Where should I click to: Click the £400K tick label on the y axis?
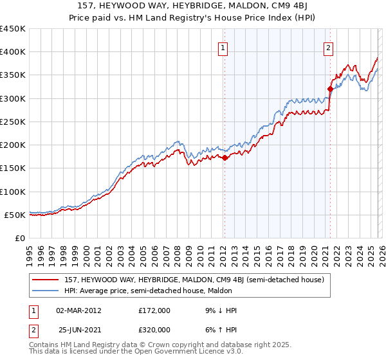[12, 52]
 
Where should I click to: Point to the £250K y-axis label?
[12, 122]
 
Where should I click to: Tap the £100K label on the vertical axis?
[12, 192]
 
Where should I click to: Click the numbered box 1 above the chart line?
[223, 46]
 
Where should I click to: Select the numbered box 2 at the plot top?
[328, 46]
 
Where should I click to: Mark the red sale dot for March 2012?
[225, 157]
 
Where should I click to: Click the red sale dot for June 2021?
[330, 89]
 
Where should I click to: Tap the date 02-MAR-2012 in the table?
[78, 310]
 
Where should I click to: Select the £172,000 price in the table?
[153, 310]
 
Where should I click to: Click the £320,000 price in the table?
[153, 330]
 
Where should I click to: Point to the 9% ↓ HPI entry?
[217, 310]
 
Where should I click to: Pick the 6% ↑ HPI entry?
[217, 330]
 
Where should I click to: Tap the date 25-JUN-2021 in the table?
[78, 330]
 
